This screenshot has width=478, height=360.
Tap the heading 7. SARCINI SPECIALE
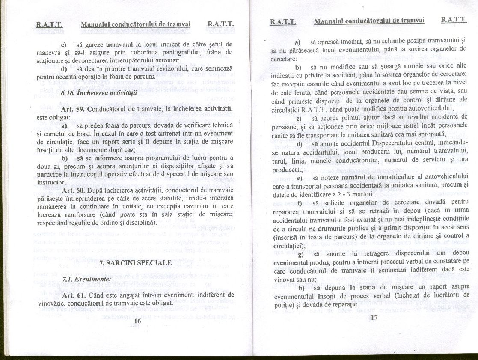(135, 263)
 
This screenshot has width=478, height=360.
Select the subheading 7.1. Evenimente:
(87, 279)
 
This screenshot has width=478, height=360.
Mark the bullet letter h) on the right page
(301, 287)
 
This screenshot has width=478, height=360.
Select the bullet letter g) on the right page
(301, 253)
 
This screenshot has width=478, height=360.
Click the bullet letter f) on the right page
(300, 202)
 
